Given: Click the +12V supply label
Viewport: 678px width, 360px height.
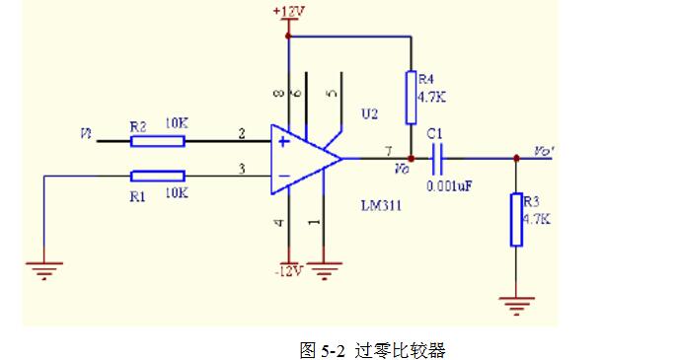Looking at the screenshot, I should pyautogui.click(x=287, y=10).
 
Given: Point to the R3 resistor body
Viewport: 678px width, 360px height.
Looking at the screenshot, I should pyautogui.click(x=515, y=219).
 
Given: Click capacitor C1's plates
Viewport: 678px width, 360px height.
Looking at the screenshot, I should pyautogui.click(x=439, y=157).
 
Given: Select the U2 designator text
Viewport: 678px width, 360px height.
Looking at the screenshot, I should pyautogui.click(x=369, y=114).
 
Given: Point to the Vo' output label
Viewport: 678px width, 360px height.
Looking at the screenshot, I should pyautogui.click(x=543, y=151).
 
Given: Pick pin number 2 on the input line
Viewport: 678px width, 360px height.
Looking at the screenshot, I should pyautogui.click(x=240, y=133).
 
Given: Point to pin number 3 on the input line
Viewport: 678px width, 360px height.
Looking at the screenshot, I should pyautogui.click(x=240, y=169).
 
